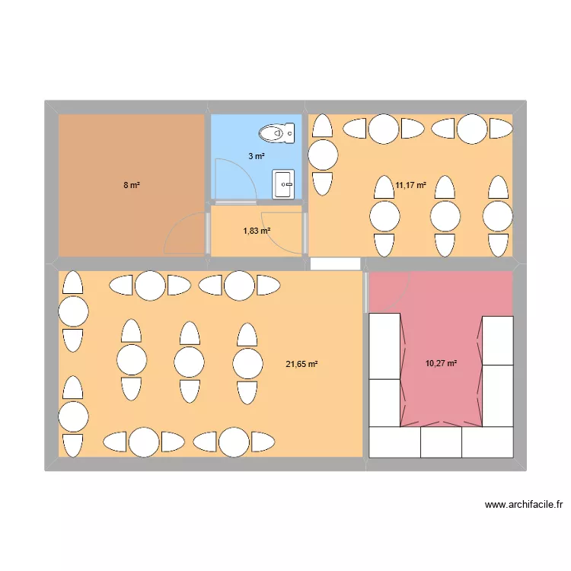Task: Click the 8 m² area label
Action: (x=132, y=185)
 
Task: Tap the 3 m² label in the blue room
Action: (x=257, y=156)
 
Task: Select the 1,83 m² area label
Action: (x=257, y=231)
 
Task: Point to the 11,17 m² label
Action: (x=411, y=185)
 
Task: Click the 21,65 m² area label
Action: (x=301, y=364)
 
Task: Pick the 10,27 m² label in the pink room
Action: (x=441, y=363)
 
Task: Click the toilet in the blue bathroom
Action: (x=277, y=133)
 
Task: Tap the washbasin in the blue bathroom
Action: (x=283, y=184)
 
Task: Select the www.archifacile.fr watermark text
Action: (x=524, y=504)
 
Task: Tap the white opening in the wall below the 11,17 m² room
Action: (x=336, y=264)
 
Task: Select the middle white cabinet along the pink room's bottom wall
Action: (x=441, y=442)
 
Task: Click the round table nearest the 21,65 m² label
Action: (x=247, y=363)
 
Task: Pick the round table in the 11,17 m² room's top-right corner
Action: (x=472, y=129)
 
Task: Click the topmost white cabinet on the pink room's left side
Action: (x=384, y=346)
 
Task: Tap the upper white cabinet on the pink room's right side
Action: (x=498, y=340)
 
